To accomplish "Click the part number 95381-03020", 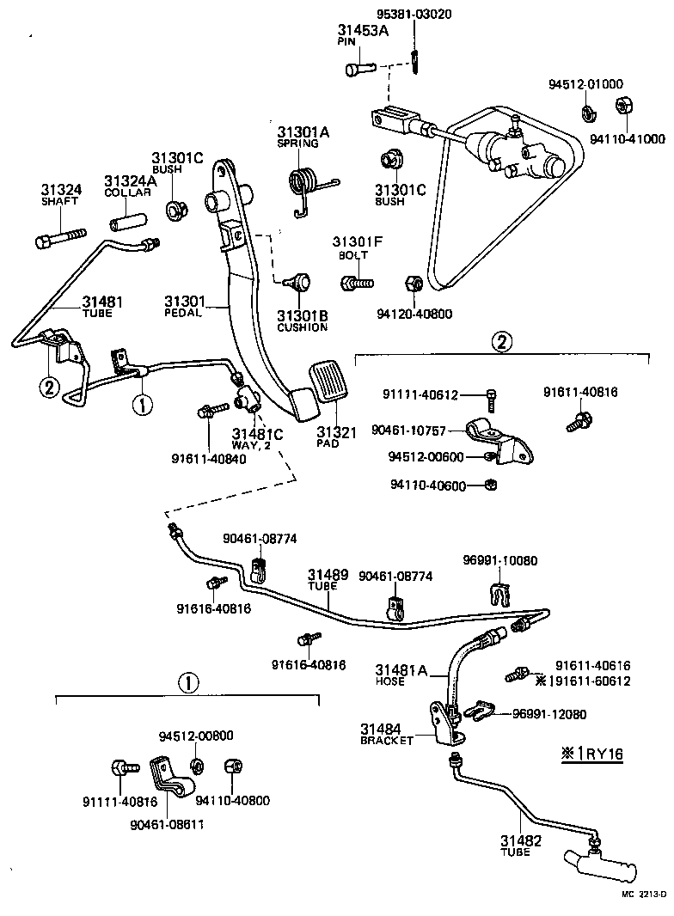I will coord(414,15).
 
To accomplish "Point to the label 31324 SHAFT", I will coord(59,194).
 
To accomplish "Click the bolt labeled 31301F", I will coord(357,281).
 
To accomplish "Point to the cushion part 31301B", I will coord(298,281).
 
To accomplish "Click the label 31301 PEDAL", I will coord(184,306).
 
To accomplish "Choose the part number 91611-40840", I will coord(208,458).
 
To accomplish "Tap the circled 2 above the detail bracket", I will coord(501,341).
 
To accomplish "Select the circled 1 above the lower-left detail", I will coord(187,683).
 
